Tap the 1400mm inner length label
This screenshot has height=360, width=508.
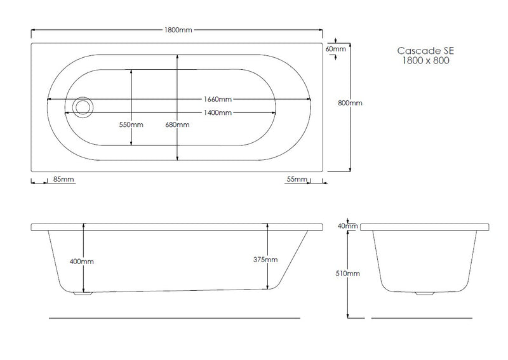[x=217, y=112]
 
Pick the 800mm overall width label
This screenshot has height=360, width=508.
[x=350, y=103]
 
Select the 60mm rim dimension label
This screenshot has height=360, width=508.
[x=335, y=48]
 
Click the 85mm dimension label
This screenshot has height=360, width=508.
[x=64, y=180]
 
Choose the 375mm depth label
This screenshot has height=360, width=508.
[x=265, y=260]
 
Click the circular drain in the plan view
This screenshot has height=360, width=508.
[x=81, y=107]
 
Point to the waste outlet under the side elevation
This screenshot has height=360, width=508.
[x=83, y=293]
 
